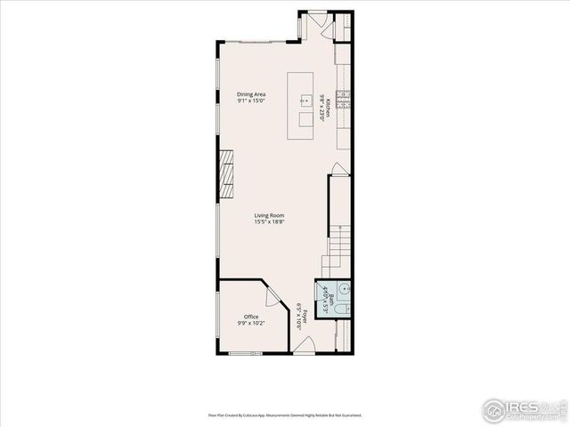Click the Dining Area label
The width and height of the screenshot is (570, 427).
[x=251, y=94]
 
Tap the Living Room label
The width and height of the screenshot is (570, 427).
[x=269, y=214]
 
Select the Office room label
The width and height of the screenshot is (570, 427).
[x=251, y=317]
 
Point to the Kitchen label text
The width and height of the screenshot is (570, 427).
[x=329, y=108]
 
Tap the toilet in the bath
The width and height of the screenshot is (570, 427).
[x=344, y=309]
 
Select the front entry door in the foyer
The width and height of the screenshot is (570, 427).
[x=304, y=347]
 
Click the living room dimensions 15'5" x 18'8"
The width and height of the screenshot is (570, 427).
[x=269, y=222]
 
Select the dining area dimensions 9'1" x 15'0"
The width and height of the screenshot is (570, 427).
[x=251, y=101]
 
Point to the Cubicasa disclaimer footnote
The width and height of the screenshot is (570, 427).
[x=285, y=415]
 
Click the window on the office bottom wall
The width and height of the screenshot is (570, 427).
[x=240, y=354]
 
